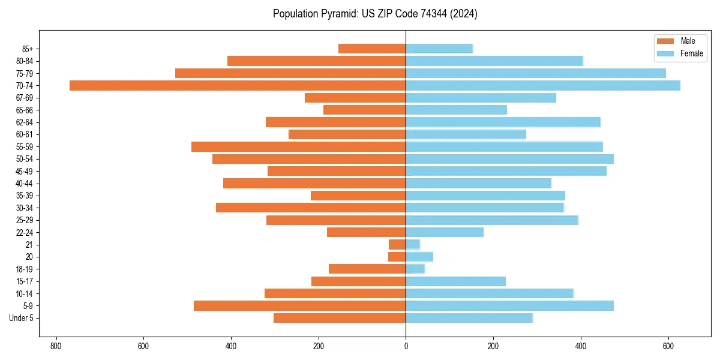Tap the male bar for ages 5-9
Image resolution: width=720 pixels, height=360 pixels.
pos(300,305)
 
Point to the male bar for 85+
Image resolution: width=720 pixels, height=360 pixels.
pos(372,49)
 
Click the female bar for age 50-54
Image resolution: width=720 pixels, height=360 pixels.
pos(510,159)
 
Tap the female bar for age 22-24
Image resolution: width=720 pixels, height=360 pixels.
pos(445,232)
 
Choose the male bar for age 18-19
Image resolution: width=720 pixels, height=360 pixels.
pos(367,269)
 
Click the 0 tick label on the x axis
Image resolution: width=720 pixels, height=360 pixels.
pos(406,346)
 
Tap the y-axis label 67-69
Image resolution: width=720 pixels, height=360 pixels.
pos(25,98)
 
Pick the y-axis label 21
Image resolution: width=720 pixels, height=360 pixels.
pos(29,245)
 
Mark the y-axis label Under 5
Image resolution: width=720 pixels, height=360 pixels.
pos(21,318)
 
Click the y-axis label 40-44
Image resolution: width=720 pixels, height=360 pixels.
pos(25,184)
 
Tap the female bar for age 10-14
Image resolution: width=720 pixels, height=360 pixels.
pos(490,293)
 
